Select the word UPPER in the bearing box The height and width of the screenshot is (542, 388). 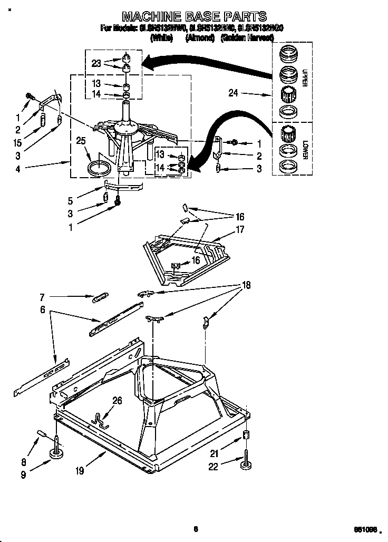[x=304, y=76]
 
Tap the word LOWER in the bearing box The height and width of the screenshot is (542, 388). [x=305, y=149]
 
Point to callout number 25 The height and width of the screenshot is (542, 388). [x=81, y=141]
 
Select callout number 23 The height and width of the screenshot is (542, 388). [x=95, y=63]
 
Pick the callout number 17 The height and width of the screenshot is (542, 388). [x=240, y=229]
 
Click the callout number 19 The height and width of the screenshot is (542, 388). [x=79, y=471]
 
